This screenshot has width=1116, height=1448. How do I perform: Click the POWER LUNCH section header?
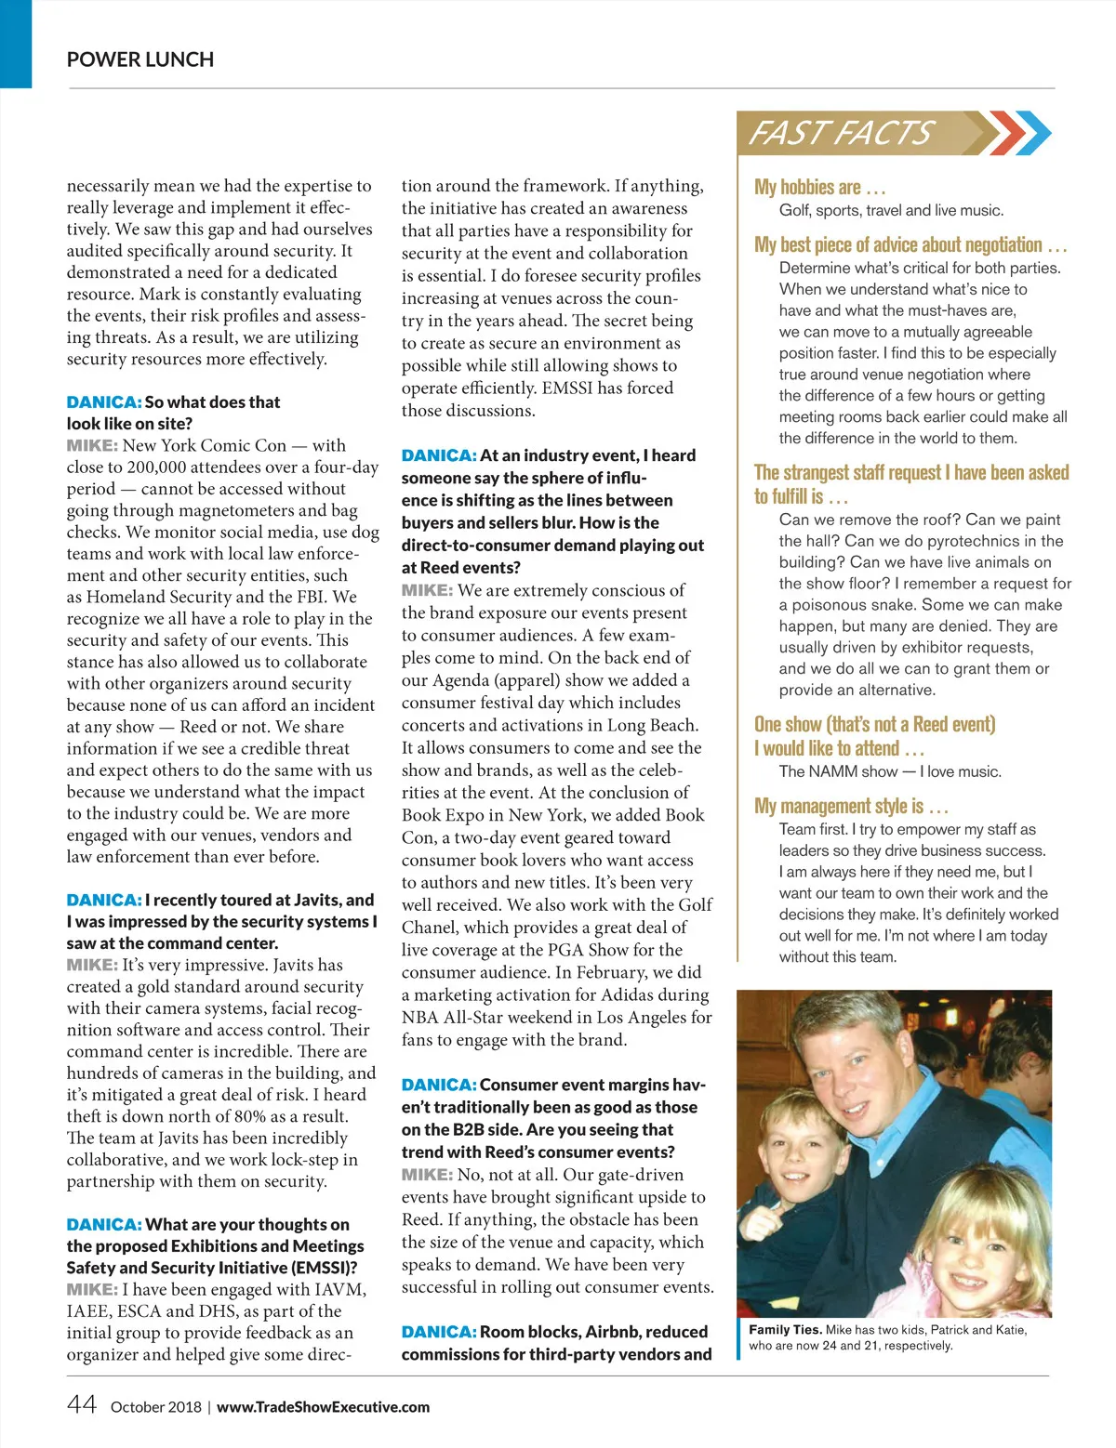(x=140, y=59)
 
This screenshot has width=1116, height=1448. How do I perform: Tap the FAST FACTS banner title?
(x=839, y=133)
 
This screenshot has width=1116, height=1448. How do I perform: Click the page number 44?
(x=82, y=1404)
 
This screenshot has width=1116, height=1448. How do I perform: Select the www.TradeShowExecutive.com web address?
(x=323, y=1407)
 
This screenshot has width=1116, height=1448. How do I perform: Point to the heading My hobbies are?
(x=819, y=187)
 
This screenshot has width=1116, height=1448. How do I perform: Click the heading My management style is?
(x=850, y=806)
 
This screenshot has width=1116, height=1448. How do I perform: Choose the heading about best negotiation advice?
(x=910, y=244)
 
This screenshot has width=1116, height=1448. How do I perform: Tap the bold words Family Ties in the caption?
(x=785, y=1330)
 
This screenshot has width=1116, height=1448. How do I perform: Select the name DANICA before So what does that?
(x=103, y=402)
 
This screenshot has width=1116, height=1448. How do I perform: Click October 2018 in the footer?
(x=155, y=1407)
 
